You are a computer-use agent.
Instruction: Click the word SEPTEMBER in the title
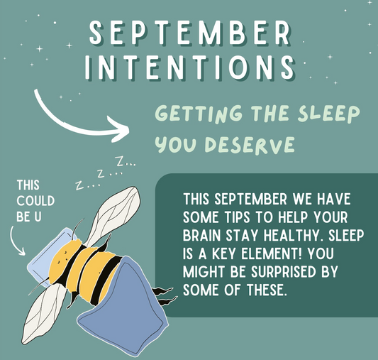pos(189,33)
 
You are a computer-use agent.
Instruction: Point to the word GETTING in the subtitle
pos(187,114)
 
